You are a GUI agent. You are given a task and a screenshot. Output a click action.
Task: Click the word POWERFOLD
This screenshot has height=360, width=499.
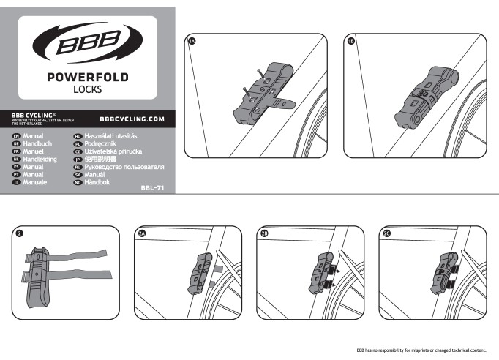point(87,78)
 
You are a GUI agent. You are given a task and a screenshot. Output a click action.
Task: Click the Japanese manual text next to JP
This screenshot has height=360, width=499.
point(102,160)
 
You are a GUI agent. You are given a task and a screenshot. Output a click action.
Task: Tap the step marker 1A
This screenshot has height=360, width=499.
point(192,42)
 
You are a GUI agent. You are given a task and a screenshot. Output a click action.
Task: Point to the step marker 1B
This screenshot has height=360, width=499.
point(353,42)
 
